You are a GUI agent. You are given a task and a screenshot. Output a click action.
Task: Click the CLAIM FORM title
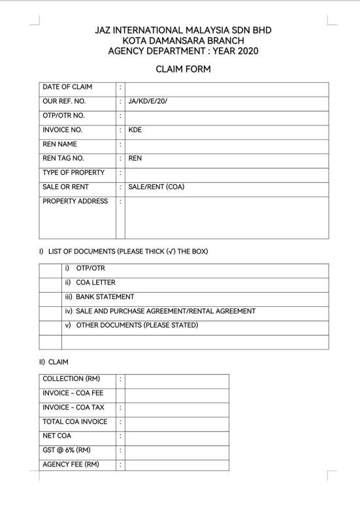point(182,69)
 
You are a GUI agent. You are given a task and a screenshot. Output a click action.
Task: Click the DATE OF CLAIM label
point(67,88)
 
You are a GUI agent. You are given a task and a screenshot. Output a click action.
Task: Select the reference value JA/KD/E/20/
point(151,102)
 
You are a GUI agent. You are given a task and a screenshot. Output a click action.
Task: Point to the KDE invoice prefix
point(135,130)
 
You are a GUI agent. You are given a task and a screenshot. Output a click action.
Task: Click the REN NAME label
point(60,144)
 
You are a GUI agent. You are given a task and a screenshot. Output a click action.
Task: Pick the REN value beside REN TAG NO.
point(135,158)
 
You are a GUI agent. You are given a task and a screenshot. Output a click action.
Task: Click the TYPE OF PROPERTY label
point(73,172)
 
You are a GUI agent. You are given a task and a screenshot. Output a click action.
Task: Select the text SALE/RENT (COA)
point(156,187)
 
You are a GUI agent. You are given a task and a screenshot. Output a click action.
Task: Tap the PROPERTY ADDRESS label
point(75,201)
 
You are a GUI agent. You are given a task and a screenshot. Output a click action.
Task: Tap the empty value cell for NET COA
point(176,436)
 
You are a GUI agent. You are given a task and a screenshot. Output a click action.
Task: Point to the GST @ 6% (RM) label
point(67,451)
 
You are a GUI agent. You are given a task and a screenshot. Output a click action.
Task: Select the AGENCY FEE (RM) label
point(71,465)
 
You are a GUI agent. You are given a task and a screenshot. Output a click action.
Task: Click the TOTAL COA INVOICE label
point(74,422)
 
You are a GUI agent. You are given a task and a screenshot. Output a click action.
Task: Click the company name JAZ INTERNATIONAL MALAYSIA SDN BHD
point(182,31)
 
